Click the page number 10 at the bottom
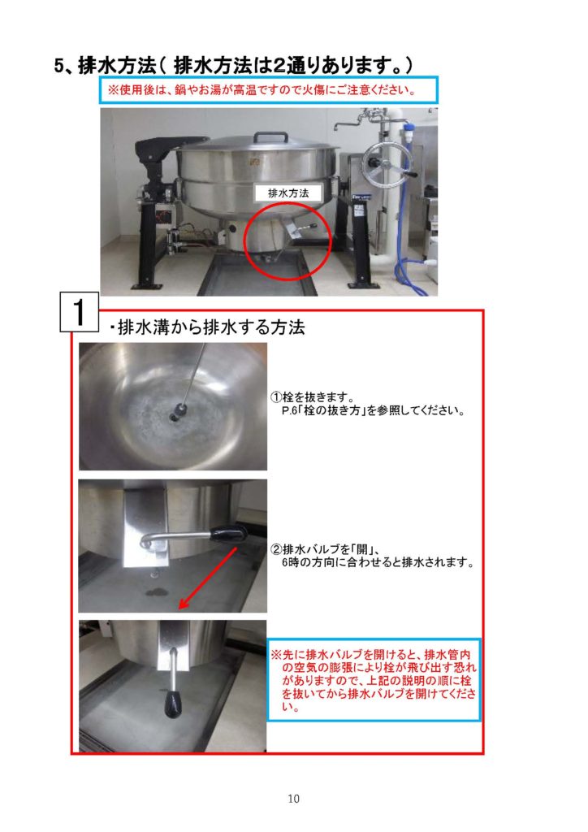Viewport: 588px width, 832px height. [293, 798]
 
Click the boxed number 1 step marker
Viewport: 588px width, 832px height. [79, 312]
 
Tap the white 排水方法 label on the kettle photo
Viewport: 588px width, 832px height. [288, 193]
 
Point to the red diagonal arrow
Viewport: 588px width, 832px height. [207, 578]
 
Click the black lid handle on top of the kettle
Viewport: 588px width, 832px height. [270, 136]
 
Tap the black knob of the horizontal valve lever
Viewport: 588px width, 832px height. [229, 532]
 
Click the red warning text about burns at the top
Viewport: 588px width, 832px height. [262, 89]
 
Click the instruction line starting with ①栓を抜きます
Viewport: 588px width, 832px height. [313, 396]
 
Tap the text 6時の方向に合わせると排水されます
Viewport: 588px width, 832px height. [378, 562]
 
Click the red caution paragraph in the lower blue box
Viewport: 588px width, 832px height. [374, 680]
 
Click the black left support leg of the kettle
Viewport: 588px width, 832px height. [146, 241]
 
